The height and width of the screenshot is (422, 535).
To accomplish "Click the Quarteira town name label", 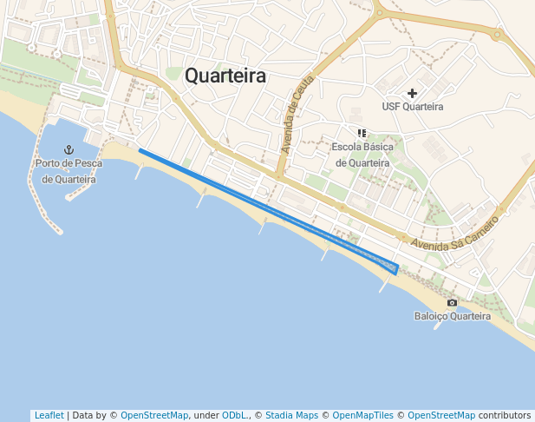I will click(x=225, y=76).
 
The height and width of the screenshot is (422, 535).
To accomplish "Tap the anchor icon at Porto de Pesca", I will click(x=70, y=150).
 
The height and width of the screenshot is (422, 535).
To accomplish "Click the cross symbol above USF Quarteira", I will click(x=412, y=92).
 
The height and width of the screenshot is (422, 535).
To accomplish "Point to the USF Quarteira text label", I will click(x=412, y=107).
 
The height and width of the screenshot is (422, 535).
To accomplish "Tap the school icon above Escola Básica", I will click(x=362, y=133).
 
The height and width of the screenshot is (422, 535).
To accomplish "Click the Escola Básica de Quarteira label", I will click(x=362, y=155).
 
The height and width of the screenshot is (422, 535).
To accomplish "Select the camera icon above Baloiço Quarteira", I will click(x=452, y=302).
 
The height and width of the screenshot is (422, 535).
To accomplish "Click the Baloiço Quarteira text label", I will click(x=452, y=316).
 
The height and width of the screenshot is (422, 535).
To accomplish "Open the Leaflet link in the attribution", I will click(x=49, y=415).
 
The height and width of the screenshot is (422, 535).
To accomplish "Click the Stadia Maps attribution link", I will click(x=291, y=415).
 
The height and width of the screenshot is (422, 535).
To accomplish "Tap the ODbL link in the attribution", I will click(x=233, y=415).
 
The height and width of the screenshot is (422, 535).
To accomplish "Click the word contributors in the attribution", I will click(x=504, y=415).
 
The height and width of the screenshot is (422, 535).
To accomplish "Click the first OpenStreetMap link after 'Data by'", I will click(x=153, y=415).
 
